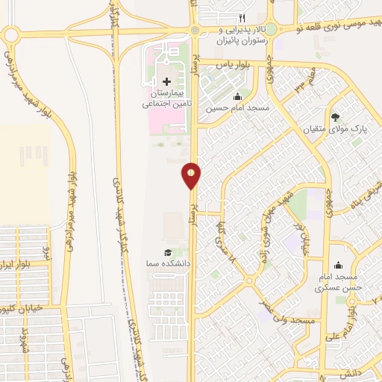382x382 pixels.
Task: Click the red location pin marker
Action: click(192, 175)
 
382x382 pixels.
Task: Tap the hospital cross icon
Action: click(166, 81)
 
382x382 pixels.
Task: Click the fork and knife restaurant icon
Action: click(241, 19)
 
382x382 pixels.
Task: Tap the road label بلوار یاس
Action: click(231, 64)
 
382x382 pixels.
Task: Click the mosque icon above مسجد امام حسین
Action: click(237, 95)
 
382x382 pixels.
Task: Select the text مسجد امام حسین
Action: click(237, 108)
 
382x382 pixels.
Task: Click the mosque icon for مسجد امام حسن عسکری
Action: click(338, 264)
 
